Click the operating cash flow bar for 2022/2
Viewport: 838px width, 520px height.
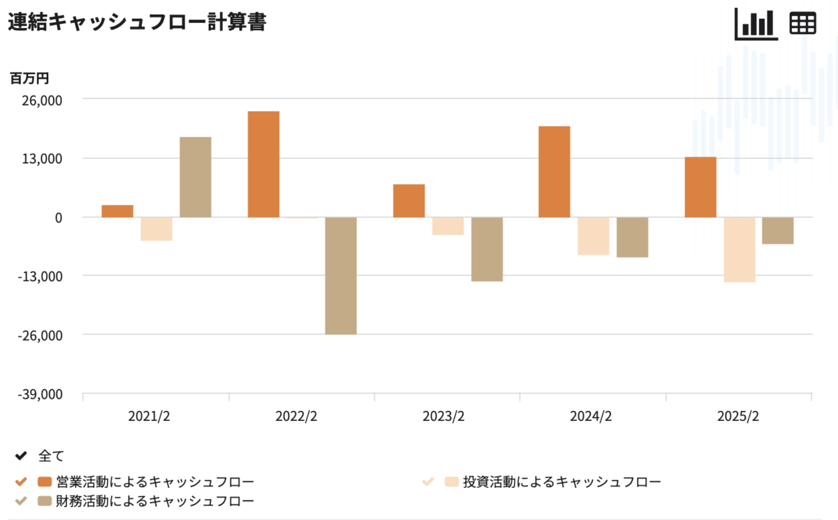click(263, 164)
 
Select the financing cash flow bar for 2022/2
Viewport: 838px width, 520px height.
click(341, 276)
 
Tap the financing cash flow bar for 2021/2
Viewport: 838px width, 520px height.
click(196, 177)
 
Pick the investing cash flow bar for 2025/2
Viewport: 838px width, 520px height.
click(739, 249)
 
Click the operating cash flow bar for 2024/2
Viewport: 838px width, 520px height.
click(554, 171)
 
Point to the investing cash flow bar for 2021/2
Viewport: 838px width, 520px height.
click(156, 229)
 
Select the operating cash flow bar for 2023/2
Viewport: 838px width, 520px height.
click(409, 200)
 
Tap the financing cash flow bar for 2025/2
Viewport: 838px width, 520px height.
click(777, 230)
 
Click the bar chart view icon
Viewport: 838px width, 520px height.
click(756, 24)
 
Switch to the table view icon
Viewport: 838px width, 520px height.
click(802, 24)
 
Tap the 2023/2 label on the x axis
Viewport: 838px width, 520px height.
click(443, 417)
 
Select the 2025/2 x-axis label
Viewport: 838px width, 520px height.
click(738, 417)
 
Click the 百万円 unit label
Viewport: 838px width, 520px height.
click(29, 78)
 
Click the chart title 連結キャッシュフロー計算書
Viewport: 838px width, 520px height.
click(137, 22)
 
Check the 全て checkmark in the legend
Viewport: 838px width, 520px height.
click(21, 456)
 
